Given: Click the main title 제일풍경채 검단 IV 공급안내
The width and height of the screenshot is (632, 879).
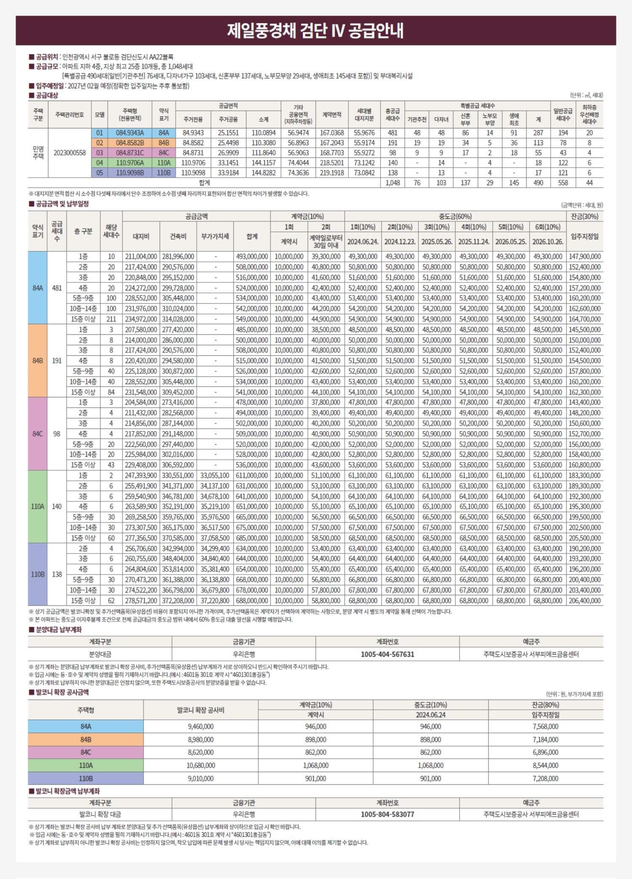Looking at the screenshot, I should [316, 31].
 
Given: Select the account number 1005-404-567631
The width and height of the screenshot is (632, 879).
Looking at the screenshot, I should [387, 654].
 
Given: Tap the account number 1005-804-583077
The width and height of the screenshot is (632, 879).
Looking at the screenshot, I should [387, 814].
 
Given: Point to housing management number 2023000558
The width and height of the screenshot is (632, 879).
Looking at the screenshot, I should [70, 153].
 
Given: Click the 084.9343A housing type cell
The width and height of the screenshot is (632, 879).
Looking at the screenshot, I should [130, 133].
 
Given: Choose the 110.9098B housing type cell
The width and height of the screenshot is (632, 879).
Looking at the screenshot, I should [130, 173].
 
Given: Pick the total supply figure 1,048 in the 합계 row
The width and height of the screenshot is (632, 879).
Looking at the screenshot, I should [392, 183].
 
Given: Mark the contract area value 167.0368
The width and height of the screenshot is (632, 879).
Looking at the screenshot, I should [332, 133].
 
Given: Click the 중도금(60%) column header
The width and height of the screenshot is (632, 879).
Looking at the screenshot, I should [455, 216].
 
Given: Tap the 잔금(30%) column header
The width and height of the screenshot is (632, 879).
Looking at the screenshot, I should [585, 216].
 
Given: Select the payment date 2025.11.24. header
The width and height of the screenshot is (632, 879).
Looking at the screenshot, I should [474, 242].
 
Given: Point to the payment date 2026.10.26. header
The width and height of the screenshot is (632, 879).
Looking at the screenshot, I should [547, 242].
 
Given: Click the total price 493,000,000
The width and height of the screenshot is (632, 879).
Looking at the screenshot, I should [252, 256].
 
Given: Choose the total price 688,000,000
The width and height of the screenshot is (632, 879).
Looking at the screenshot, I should [252, 600].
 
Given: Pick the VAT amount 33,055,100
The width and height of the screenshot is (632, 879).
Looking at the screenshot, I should [215, 475].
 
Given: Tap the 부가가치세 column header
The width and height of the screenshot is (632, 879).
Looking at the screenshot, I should [215, 237].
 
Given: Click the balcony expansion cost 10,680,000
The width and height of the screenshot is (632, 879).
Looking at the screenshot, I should [201, 765].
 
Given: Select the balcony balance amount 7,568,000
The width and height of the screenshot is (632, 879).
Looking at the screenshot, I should [545, 726].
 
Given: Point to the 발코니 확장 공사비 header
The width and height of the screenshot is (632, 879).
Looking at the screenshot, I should [201, 710].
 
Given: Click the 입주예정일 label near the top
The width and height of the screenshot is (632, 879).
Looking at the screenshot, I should [49, 86].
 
